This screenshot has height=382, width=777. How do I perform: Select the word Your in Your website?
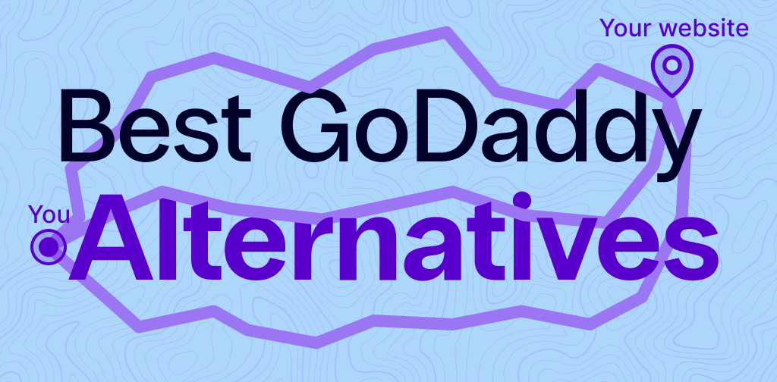627,29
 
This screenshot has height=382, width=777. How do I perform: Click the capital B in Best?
83,125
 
